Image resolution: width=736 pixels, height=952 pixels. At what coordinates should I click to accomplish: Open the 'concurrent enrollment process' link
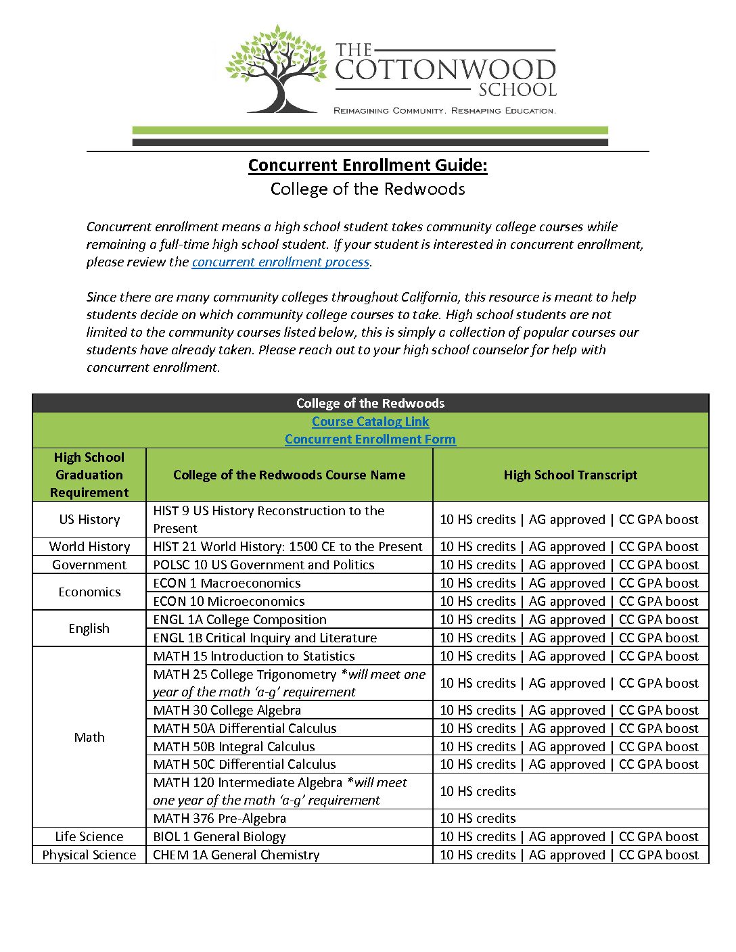(280, 262)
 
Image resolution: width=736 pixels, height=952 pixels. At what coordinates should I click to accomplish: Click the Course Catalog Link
(370, 422)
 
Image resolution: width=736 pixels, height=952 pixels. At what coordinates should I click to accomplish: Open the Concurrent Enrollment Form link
(370, 439)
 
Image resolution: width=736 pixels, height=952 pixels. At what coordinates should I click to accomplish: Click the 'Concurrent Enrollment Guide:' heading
(367, 166)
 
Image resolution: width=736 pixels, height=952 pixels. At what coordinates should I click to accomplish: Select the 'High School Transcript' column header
(570, 475)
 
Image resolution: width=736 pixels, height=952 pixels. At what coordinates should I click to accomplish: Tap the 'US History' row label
(89, 520)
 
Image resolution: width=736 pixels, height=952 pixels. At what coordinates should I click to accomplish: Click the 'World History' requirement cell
(89, 547)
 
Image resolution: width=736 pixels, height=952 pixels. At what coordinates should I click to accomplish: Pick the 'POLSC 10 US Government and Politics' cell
(264, 565)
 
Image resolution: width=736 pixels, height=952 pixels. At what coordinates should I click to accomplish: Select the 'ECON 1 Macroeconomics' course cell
(227, 584)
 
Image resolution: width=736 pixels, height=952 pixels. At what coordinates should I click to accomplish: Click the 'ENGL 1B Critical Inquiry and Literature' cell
(265, 638)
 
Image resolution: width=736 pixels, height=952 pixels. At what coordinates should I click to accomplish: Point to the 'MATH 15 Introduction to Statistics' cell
(254, 657)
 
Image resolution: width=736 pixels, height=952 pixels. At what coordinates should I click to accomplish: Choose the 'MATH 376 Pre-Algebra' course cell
(220, 819)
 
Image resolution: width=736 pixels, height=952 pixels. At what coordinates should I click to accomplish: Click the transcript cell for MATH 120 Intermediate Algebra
(570, 792)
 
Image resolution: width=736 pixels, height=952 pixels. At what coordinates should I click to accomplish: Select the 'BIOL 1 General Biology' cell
(220, 837)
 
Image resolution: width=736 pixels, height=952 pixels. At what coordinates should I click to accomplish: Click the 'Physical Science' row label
(89, 855)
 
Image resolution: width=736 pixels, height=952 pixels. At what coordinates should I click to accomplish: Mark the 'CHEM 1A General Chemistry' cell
(236, 855)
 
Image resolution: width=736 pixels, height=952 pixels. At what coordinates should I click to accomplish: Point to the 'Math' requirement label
(89, 738)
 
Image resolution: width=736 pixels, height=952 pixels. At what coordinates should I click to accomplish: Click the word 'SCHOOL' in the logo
(517, 90)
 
